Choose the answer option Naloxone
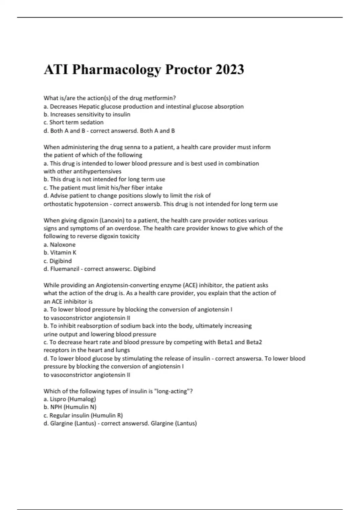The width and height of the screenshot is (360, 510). [x=62, y=245]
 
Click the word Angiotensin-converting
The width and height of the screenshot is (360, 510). [x=119, y=285]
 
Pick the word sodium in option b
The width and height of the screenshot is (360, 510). [x=130, y=326]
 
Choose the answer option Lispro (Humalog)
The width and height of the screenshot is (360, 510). [x=73, y=399]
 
